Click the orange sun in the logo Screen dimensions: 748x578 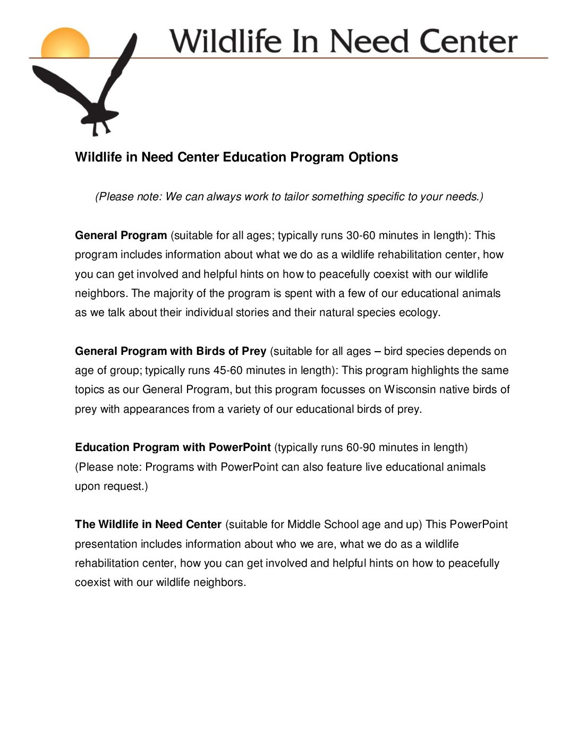click(65, 43)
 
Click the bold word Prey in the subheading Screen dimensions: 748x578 click(253, 351)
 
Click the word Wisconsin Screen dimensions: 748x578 click(410, 389)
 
